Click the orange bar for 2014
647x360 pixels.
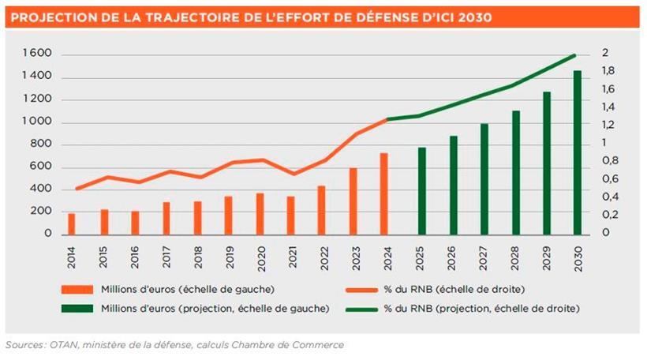coord(72,224)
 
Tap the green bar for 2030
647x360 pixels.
coord(577,152)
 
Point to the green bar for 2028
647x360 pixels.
coord(516,173)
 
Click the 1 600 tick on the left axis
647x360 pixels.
coord(39,54)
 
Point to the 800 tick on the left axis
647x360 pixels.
coord(41,144)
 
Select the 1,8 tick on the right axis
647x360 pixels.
coord(608,72)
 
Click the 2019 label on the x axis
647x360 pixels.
coord(228,257)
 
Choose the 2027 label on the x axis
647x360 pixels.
coord(484,257)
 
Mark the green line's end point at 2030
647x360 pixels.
coord(575,54)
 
